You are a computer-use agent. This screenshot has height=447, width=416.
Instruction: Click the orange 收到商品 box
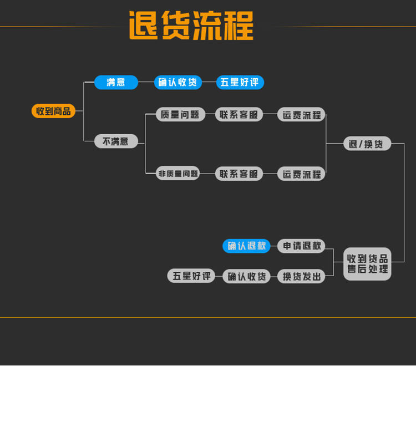pos(53,111)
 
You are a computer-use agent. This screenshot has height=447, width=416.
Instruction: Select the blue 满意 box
pos(116,83)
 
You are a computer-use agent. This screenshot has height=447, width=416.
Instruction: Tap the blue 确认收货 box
pos(177,83)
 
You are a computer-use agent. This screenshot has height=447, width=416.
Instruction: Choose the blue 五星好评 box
pos(240,83)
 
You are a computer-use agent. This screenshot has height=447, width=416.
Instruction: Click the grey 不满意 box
pos(115,141)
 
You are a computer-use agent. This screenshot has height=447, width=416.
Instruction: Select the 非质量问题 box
pos(178,174)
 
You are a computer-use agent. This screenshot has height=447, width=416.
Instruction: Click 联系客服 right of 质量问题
pos(239,115)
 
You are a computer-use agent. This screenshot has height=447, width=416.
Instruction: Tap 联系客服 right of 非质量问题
pos(239,174)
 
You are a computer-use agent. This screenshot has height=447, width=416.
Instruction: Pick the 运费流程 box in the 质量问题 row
pos(301,115)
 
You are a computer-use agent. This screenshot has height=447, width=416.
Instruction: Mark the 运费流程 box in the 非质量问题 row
pos(301,174)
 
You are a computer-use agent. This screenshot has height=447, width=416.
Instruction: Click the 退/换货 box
pos(367,144)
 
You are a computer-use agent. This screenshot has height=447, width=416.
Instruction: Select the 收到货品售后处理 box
pos(367,264)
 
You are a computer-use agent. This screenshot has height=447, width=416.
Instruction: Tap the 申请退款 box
pos(301,246)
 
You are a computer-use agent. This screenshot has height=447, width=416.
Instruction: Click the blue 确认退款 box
pos(246,246)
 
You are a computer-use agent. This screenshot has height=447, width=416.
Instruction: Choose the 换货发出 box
pos(301,276)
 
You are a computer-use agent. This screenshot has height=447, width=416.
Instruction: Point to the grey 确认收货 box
pos(246,276)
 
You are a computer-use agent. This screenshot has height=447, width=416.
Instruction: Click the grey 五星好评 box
pos(191,276)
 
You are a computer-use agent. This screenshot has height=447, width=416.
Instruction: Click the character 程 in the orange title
pos(237,26)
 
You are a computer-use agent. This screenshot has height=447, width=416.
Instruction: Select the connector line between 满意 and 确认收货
pos(146,83)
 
